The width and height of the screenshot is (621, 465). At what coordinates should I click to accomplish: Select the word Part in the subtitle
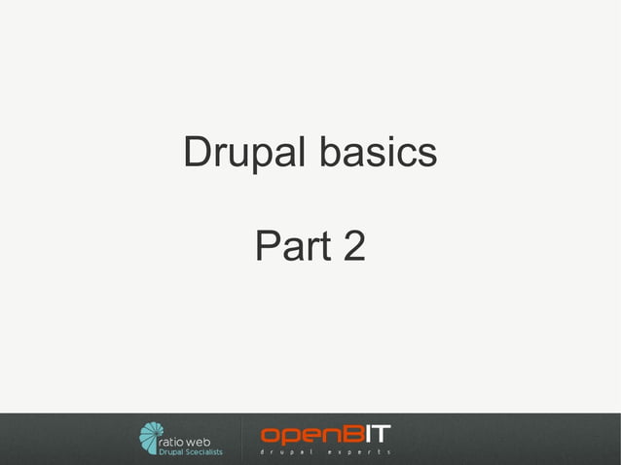(285, 247)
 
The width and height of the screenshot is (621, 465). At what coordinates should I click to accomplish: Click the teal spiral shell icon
(151, 438)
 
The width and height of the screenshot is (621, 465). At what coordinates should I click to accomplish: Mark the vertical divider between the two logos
(240, 438)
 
